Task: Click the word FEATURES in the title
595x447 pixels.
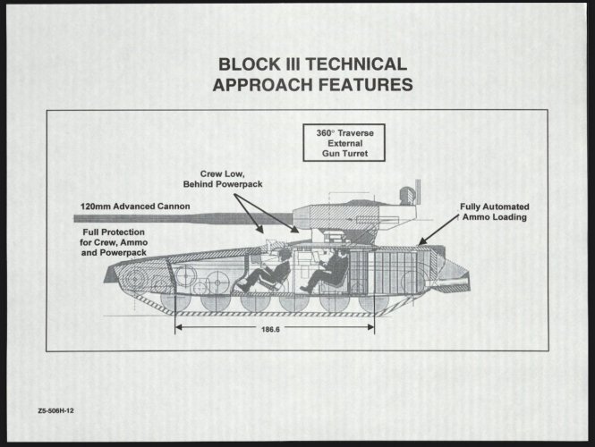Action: tap(361, 86)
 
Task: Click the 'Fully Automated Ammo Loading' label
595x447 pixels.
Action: tap(494, 212)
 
